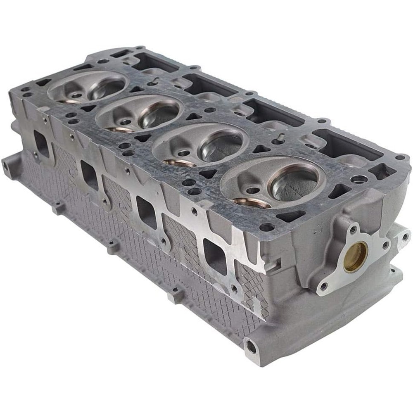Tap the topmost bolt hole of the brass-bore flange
(352, 228)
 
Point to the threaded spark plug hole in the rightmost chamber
(253, 190)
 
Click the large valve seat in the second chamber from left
(159, 114)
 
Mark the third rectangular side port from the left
(147, 212)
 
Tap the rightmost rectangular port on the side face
(214, 256)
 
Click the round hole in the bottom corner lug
(251, 346)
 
